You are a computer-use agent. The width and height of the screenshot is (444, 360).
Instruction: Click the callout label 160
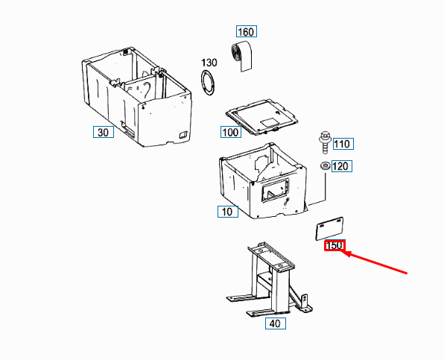[x=247, y=31]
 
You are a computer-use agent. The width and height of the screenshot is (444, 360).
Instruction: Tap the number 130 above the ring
[x=209, y=63]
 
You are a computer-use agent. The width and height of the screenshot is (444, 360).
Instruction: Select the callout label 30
[x=104, y=132]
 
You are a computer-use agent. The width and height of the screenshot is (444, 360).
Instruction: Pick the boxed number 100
[x=231, y=132]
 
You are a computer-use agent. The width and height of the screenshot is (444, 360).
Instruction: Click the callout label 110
[x=343, y=144]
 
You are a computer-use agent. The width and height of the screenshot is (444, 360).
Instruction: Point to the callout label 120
[x=342, y=166]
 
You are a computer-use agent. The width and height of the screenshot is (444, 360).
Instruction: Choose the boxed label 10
[x=228, y=212]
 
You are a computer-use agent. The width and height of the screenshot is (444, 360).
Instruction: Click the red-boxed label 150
[x=334, y=245]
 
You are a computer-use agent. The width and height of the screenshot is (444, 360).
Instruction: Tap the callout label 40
[x=275, y=323]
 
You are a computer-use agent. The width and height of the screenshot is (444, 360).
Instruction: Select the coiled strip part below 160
[x=241, y=57]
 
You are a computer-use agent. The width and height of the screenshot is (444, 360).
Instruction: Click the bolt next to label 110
[x=325, y=142]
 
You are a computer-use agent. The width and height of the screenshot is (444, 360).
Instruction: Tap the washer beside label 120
[x=325, y=165]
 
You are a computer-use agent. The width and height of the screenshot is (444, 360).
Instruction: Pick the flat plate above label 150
[x=329, y=229]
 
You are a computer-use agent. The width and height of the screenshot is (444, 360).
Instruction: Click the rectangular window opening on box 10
[x=275, y=190]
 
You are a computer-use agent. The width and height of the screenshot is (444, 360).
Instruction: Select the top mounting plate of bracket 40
[x=271, y=256]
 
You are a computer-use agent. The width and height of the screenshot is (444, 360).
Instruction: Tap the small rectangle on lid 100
[x=268, y=123]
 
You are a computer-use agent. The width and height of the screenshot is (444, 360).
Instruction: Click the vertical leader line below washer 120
[x=326, y=187]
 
